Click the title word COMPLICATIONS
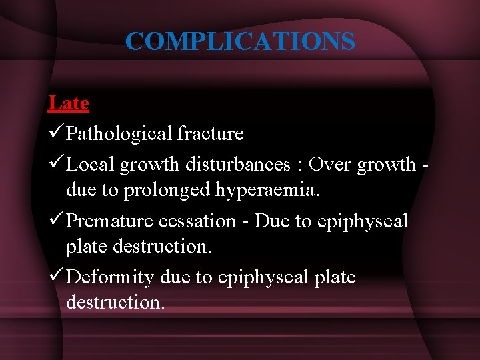[240, 41]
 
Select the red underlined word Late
[68, 103]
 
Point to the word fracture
[210, 134]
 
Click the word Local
[91, 164]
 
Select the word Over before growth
[331, 164]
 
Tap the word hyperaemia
[268, 190]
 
